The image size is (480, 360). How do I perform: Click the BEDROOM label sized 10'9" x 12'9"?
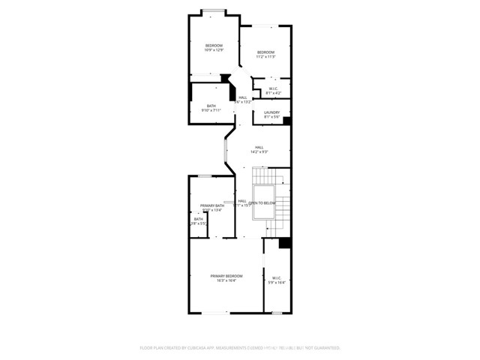coord(214,46)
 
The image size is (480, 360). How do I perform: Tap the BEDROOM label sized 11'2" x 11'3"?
coord(265,52)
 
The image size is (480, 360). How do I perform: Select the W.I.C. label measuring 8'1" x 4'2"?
coord(274,88)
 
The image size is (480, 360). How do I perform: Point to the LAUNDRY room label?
coord(271,112)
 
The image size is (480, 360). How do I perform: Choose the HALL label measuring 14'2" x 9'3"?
coord(259,147)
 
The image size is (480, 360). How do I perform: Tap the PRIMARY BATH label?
coord(211,205)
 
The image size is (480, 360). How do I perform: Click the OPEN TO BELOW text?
coord(262,203)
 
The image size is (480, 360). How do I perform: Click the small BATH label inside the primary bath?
coord(198,219)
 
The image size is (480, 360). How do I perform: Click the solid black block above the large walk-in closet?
coord(284,243)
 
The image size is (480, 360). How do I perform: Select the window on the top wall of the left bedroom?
coord(214,10)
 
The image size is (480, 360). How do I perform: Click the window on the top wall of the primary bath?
coord(204,175)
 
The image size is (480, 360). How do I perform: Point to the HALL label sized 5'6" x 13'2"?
coord(242,97)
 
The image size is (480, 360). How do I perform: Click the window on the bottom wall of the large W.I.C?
coord(276,313)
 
